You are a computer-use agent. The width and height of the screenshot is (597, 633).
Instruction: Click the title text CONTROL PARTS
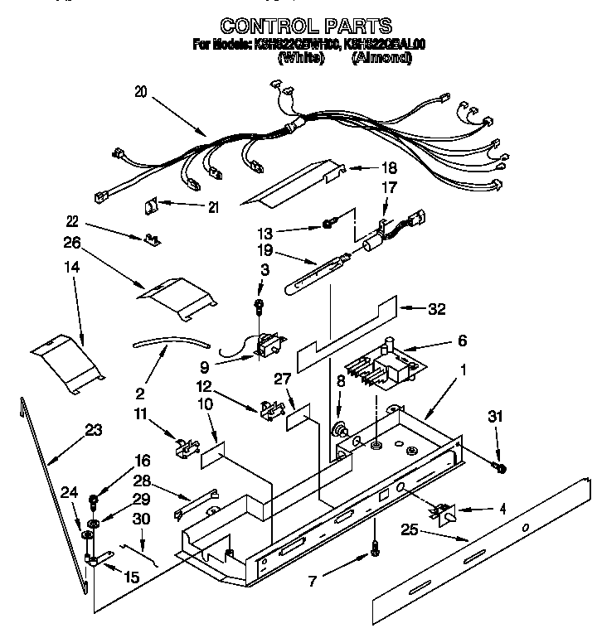306,26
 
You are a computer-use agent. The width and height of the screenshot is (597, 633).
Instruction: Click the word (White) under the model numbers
300,58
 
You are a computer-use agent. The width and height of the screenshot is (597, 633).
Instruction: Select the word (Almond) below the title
381,58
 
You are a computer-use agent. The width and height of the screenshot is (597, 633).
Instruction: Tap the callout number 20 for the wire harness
140,93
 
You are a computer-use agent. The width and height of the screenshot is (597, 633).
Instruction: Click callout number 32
436,309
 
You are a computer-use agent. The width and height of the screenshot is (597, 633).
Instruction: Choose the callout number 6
462,341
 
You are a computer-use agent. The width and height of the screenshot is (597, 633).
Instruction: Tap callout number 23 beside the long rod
94,429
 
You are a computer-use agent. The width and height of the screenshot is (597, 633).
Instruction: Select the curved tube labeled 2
169,341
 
